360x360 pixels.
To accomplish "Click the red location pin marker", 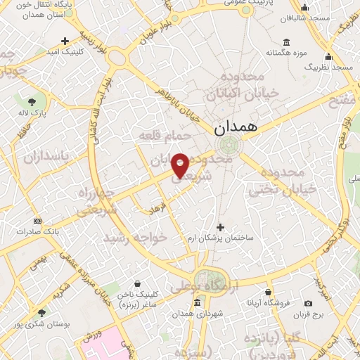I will coord(180,165).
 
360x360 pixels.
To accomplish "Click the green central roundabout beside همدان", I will coord(228,146).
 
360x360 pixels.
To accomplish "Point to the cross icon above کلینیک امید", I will coord(65,41).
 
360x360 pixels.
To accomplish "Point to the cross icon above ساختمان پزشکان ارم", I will coord(221,227).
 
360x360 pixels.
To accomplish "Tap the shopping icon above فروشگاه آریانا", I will coord(268,292).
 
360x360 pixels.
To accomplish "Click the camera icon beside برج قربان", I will coord(308,304).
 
